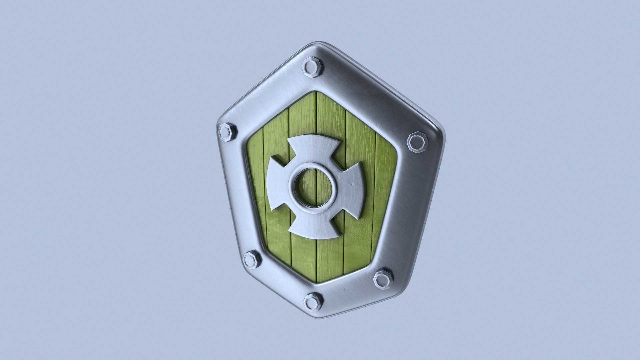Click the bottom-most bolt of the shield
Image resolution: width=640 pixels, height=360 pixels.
(313, 301)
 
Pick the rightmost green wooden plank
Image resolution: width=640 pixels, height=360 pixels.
(383, 187)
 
